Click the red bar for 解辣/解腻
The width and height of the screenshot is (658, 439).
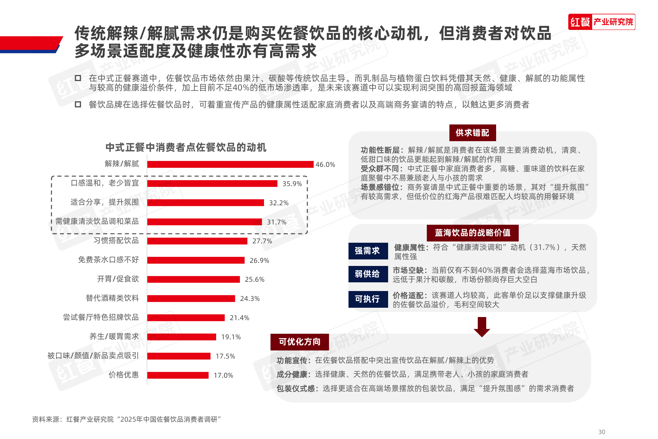click(x=230, y=164)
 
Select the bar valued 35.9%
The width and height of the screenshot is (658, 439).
click(x=212, y=184)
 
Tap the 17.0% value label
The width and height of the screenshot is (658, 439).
click(x=223, y=376)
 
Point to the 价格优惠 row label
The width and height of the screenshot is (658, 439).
click(x=123, y=375)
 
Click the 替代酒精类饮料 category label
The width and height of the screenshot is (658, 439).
click(x=112, y=298)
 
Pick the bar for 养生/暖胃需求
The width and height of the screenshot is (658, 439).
click(x=182, y=337)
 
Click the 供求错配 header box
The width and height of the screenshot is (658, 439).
click(x=472, y=133)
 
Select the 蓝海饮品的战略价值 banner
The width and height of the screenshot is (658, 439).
click(x=472, y=233)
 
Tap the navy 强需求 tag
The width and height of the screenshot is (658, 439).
click(x=368, y=251)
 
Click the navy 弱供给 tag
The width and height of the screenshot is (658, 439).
click(x=368, y=274)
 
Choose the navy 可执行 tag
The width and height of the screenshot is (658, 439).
click(x=368, y=299)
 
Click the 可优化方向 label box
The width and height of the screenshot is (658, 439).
click(x=299, y=342)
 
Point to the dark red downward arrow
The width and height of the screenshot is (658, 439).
click(x=482, y=327)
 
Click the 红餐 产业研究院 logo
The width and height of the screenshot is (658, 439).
click(x=601, y=22)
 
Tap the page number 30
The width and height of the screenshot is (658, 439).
click(x=601, y=432)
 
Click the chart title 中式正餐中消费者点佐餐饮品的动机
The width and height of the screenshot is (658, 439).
click(x=186, y=147)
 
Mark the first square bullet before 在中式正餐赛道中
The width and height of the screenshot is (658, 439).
click(x=78, y=78)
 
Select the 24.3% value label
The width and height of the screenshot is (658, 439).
click(x=250, y=299)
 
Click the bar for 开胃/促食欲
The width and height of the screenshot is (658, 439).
click(x=193, y=280)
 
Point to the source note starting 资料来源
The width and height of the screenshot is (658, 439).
click(x=126, y=419)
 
